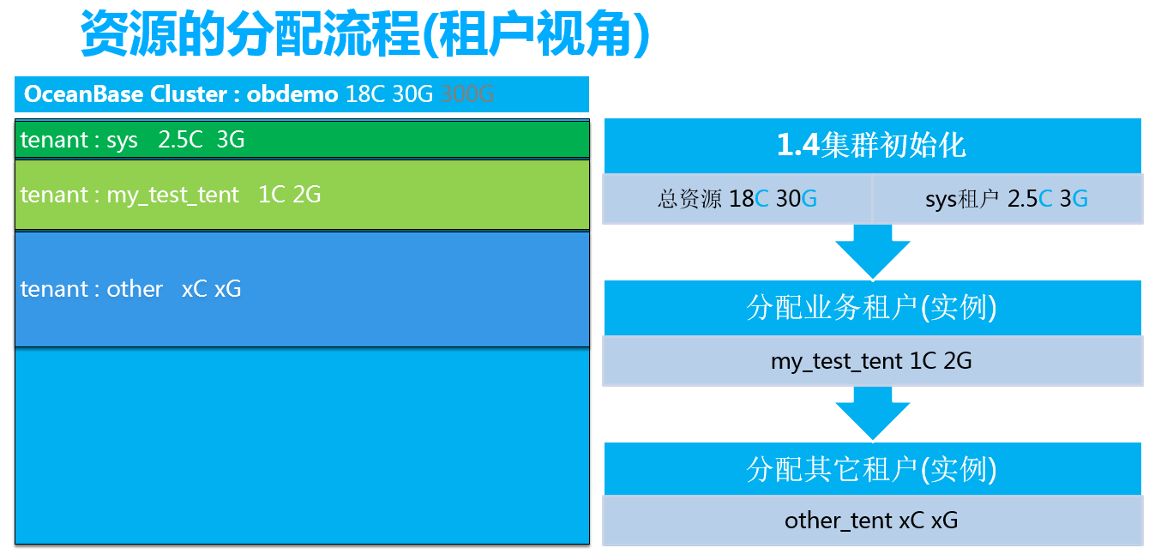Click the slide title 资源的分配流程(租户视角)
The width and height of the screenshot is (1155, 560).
365,34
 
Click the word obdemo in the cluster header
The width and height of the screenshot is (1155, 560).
292,94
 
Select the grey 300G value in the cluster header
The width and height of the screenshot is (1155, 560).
467,94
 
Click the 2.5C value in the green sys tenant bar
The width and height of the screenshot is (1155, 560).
180,140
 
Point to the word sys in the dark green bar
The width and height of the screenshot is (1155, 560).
123,142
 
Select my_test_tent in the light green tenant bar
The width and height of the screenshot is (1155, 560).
172,196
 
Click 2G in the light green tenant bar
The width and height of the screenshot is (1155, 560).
307,195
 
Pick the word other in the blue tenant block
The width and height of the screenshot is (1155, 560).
135,289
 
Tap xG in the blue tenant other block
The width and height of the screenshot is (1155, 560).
227,289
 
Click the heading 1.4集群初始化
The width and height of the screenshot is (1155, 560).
871,145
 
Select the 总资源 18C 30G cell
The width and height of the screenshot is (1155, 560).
737,198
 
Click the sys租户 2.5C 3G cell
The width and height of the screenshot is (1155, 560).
1007,198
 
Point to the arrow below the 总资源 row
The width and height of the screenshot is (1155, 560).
872,251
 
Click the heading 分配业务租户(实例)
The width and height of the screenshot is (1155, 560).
871,308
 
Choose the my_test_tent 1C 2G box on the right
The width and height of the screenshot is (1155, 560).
872,361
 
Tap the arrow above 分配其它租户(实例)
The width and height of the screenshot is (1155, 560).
872,413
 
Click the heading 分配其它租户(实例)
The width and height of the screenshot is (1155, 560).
871,469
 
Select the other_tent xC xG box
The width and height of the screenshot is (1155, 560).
872,521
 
